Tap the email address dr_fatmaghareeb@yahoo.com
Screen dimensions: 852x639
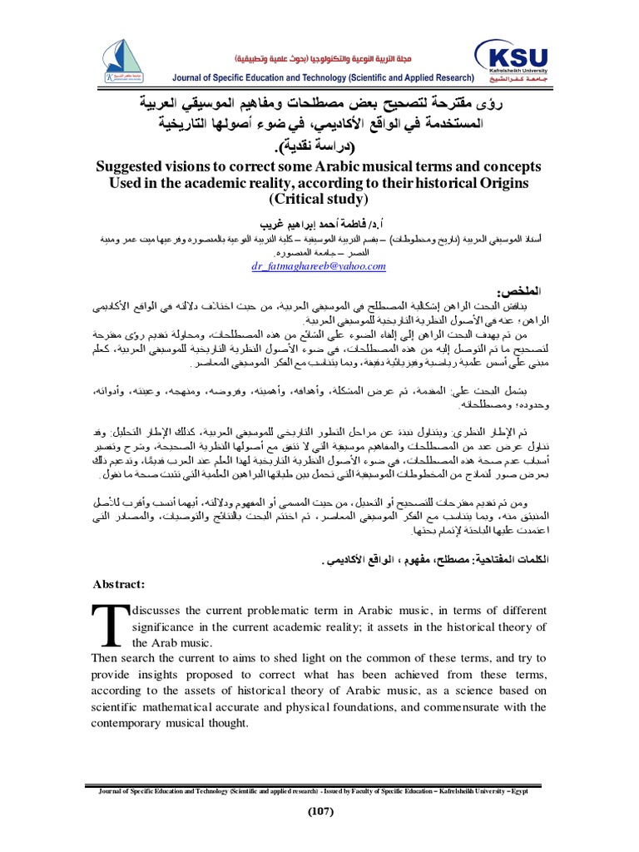[319, 266]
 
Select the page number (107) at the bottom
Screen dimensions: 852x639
[319, 812]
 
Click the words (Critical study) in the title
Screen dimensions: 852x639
[319, 199]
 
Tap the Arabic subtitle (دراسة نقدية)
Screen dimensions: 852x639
[319, 148]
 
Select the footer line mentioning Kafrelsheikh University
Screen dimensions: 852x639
[319, 790]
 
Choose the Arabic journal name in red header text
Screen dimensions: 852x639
[335, 61]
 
